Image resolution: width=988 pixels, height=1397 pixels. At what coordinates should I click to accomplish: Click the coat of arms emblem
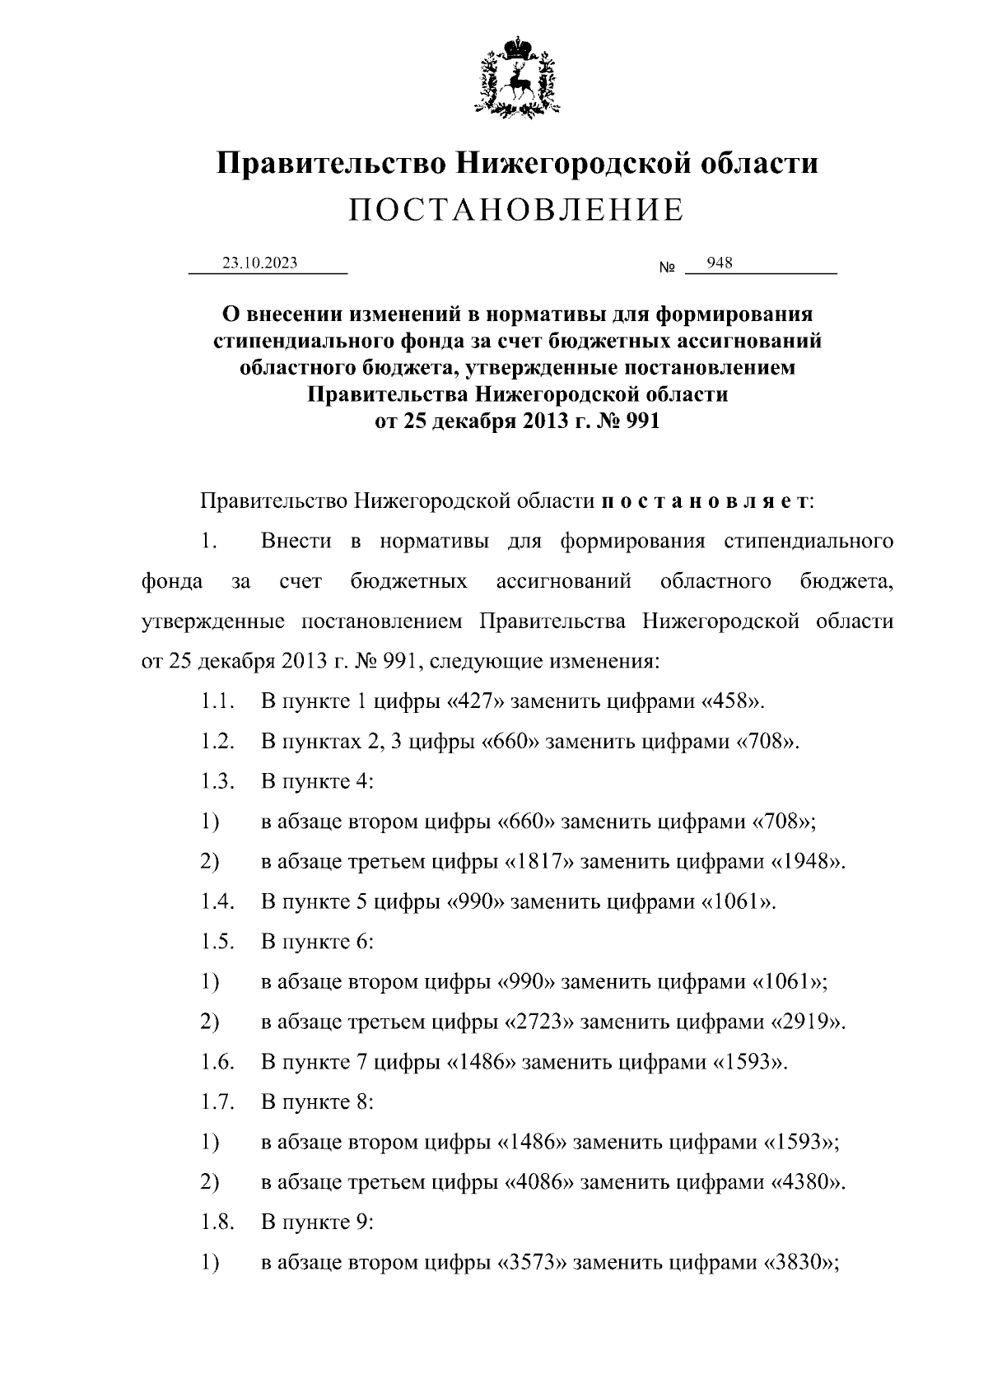(517, 76)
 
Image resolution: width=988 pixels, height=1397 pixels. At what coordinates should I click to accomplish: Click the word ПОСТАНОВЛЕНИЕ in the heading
(516, 211)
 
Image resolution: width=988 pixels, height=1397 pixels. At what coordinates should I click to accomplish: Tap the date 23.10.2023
(259, 263)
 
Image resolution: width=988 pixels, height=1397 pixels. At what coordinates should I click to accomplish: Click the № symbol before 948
(667, 268)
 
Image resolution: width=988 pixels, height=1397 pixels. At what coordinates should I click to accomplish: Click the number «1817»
(538, 862)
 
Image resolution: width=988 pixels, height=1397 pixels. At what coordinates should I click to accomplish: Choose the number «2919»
(807, 1022)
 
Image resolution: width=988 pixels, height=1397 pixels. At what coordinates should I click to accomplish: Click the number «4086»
(538, 1183)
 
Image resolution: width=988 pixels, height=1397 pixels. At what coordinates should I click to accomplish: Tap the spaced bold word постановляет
(705, 501)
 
